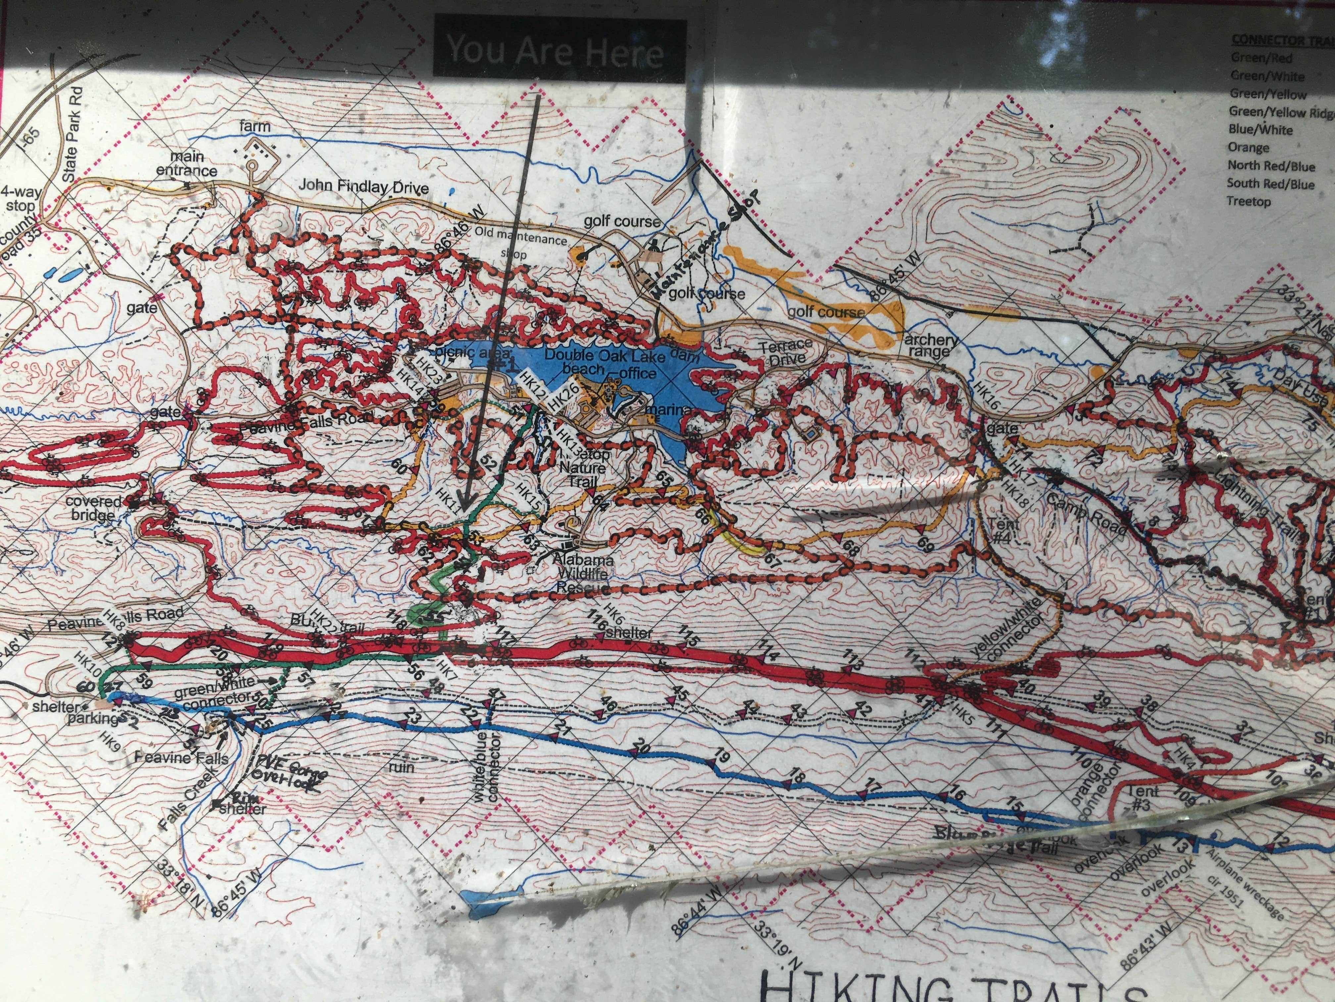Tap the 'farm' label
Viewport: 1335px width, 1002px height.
point(255,126)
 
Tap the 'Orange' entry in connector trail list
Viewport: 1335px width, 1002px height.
point(1248,147)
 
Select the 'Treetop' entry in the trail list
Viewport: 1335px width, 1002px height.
point(1249,201)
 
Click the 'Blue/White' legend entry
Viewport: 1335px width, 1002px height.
point(1260,129)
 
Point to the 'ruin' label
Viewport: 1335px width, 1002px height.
point(401,767)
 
